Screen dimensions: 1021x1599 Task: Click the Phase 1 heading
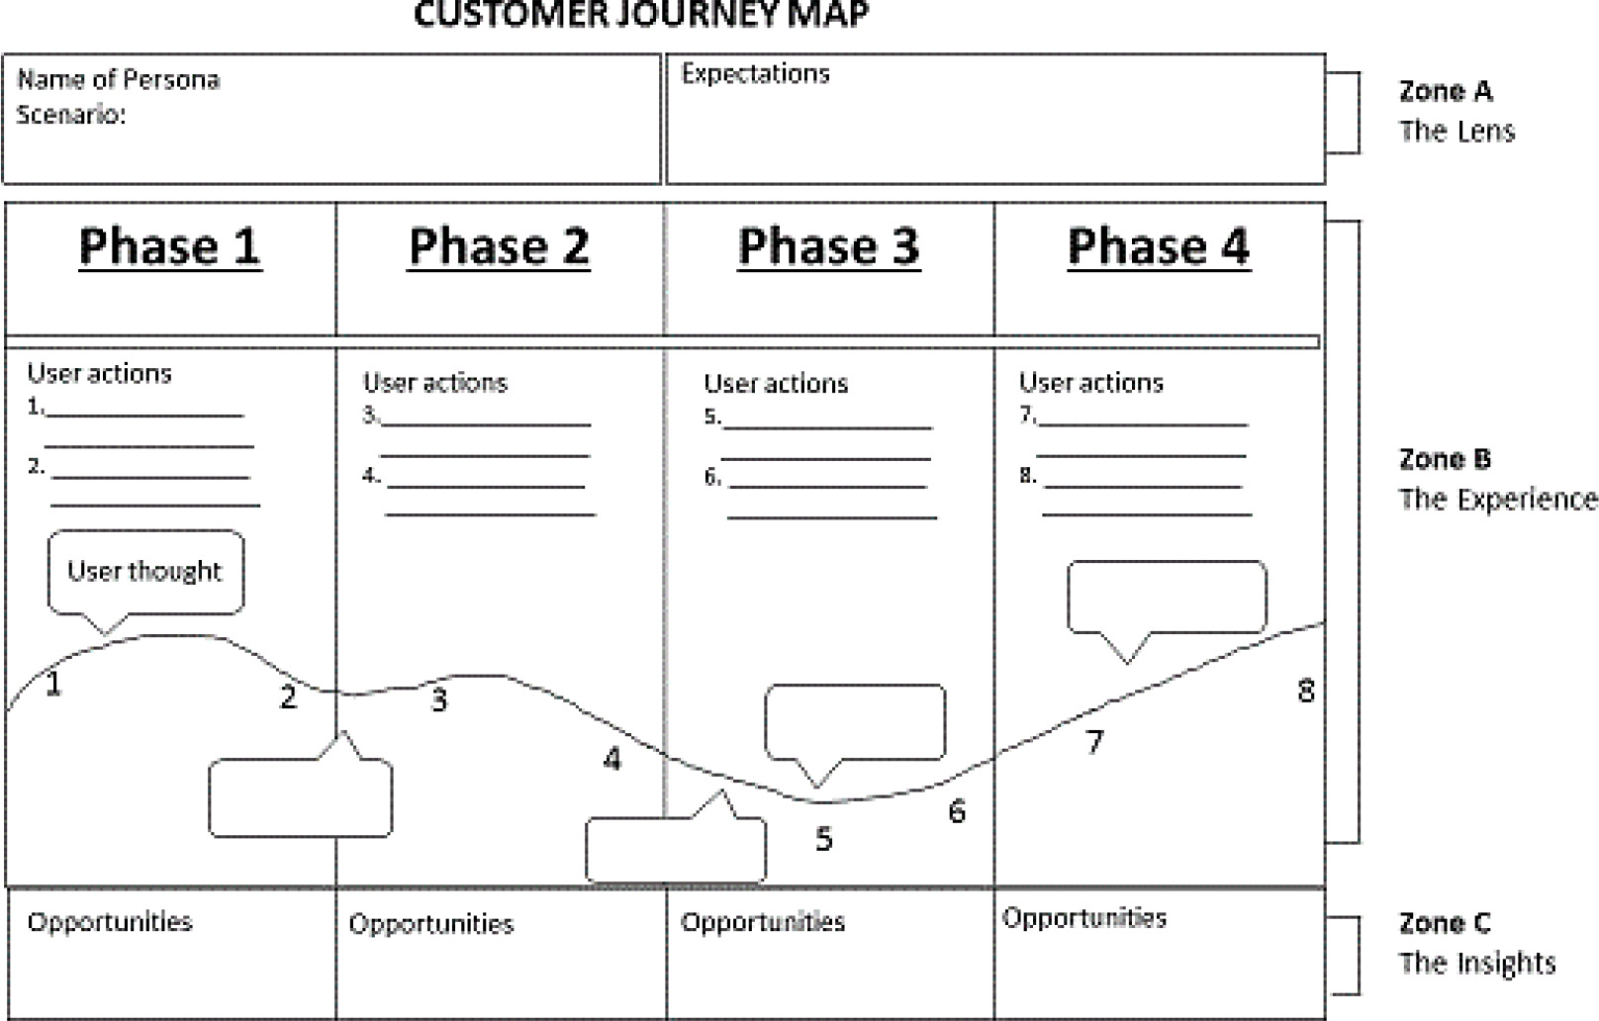pos(169,246)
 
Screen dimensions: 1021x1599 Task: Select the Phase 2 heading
pos(499,246)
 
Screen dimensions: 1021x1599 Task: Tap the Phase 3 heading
pos(828,246)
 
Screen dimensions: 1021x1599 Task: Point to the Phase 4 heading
pos(1158,246)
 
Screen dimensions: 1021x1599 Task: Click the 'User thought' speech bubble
pos(145,572)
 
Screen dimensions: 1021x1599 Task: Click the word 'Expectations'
pos(755,74)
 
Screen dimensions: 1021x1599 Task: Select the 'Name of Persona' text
pos(119,80)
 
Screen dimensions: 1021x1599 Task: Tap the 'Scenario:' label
pos(71,115)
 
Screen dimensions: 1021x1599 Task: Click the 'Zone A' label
pos(1445,92)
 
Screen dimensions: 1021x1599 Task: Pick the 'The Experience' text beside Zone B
pos(1497,500)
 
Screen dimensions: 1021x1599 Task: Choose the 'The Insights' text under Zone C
pos(1476,963)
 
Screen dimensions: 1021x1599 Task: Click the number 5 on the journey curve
pos(824,839)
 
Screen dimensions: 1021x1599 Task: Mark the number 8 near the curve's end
pos(1306,691)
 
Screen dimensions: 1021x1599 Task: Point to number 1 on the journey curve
pos(53,684)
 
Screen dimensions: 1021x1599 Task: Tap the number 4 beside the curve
pos(612,759)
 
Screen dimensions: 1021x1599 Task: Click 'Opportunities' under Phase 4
pos(1083,918)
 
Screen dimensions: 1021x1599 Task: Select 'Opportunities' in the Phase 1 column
pos(110,922)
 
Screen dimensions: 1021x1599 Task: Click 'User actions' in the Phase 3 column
pos(776,384)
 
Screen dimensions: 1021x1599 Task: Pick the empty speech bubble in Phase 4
pos(1167,597)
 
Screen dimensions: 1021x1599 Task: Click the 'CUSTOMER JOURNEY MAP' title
pos(641,15)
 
